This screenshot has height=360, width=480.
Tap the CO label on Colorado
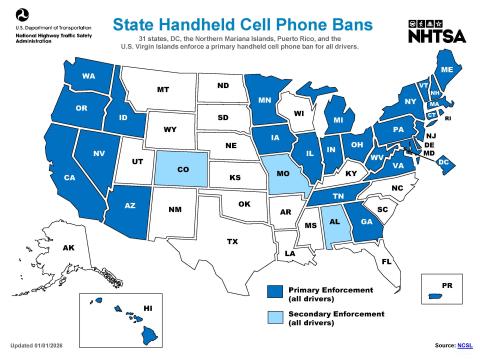tap(183, 169)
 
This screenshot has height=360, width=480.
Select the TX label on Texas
tap(232, 241)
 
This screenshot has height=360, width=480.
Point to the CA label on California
tap(70, 177)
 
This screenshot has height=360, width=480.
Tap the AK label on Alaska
tap(69, 247)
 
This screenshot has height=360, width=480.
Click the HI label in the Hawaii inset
tap(147, 308)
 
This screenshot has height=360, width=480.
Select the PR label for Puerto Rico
tap(447, 286)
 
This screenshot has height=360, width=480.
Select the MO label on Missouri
tap(283, 173)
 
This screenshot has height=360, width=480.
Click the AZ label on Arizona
tap(129, 205)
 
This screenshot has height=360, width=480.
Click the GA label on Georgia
tap(367, 222)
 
